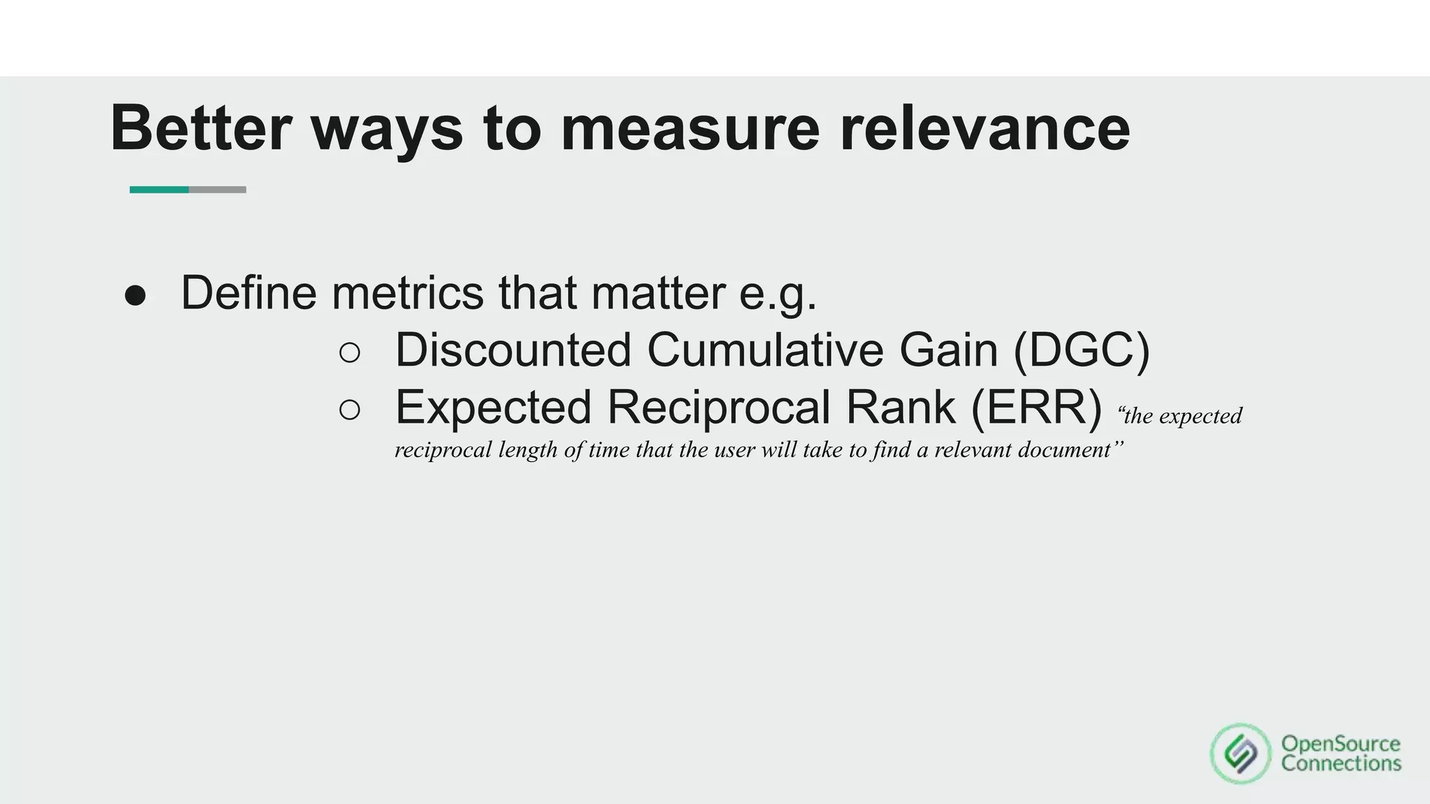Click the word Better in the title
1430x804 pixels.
coord(200,128)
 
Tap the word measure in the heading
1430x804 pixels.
coord(689,128)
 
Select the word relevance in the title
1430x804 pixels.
coord(985,128)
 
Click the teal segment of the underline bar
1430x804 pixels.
coord(159,190)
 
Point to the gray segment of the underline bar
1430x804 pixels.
coord(217,190)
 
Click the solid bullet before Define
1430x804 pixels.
coord(135,296)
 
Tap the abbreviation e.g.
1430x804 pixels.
coord(778,295)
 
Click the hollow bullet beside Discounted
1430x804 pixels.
coord(350,353)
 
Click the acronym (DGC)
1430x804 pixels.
coord(1081,350)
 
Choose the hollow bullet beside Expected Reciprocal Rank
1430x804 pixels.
coord(350,410)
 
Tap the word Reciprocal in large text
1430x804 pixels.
coord(718,408)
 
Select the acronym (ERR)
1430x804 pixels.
coord(1036,408)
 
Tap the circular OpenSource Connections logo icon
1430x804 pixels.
coord(1240,754)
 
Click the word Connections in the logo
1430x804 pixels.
coord(1341,764)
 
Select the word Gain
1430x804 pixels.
coord(948,350)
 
